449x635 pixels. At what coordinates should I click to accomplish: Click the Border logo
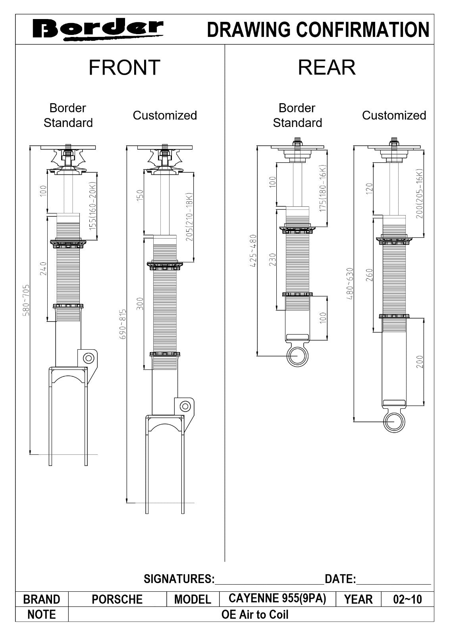pos(97,29)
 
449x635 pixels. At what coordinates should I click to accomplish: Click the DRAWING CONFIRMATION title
pos(318,30)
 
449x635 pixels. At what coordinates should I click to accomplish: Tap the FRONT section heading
pos(124,67)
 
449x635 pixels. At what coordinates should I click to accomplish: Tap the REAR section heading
pos(326,67)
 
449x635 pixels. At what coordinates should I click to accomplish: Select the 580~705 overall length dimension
pos(26,300)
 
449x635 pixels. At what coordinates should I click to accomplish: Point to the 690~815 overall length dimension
pos(123,324)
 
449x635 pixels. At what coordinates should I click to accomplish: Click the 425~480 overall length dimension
pos(253,250)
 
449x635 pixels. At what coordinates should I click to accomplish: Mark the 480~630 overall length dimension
pos(350,283)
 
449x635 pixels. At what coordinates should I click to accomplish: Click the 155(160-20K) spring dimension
pos(92,206)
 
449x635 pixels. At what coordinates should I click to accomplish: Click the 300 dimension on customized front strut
pos(140,304)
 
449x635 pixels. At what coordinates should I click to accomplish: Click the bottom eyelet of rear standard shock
pos(297,356)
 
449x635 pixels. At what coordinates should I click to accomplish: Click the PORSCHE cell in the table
pos(117,599)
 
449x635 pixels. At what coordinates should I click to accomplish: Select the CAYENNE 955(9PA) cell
pos(277,598)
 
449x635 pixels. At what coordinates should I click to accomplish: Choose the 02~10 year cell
pos(407,599)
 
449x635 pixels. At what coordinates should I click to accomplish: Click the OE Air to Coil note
pos(255,614)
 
